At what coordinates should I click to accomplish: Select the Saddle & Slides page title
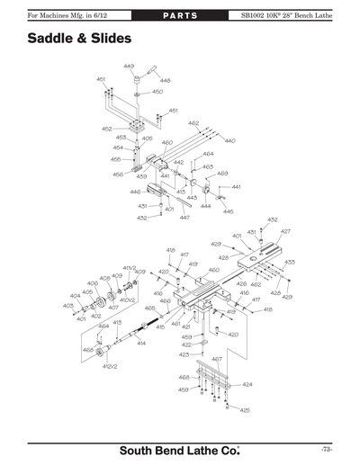tap(79, 40)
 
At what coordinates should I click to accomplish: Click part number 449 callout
tap(129, 67)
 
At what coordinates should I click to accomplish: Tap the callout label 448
tap(165, 81)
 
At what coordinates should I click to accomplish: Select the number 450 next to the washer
tap(157, 92)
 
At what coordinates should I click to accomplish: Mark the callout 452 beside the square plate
tap(106, 129)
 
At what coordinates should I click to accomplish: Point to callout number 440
tap(229, 140)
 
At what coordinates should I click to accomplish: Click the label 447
tap(184, 218)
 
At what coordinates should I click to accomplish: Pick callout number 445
tap(228, 211)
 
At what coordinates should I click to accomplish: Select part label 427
tap(285, 231)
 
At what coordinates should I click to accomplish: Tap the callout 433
tap(290, 262)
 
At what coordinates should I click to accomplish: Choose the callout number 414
tap(141, 344)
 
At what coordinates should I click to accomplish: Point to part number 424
tap(247, 384)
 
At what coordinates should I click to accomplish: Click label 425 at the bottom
tap(245, 410)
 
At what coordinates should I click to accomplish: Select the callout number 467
tap(216, 359)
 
